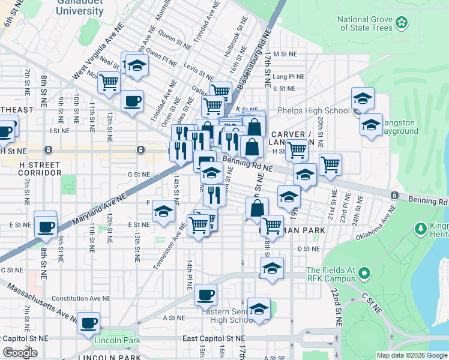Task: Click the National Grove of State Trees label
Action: point(364,23)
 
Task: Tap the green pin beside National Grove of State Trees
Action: point(402,24)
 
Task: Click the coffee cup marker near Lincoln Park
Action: point(89,323)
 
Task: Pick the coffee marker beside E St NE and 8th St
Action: point(46,226)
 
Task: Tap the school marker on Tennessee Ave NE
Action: point(163,211)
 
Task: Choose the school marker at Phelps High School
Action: point(363,98)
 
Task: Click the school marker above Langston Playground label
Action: point(371,125)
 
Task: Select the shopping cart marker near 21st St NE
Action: point(330,164)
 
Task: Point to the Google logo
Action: point(20,353)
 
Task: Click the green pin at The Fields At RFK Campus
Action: point(363,275)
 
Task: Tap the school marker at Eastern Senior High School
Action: point(259,309)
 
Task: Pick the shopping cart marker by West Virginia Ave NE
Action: point(109,82)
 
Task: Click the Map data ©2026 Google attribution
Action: point(412,355)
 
